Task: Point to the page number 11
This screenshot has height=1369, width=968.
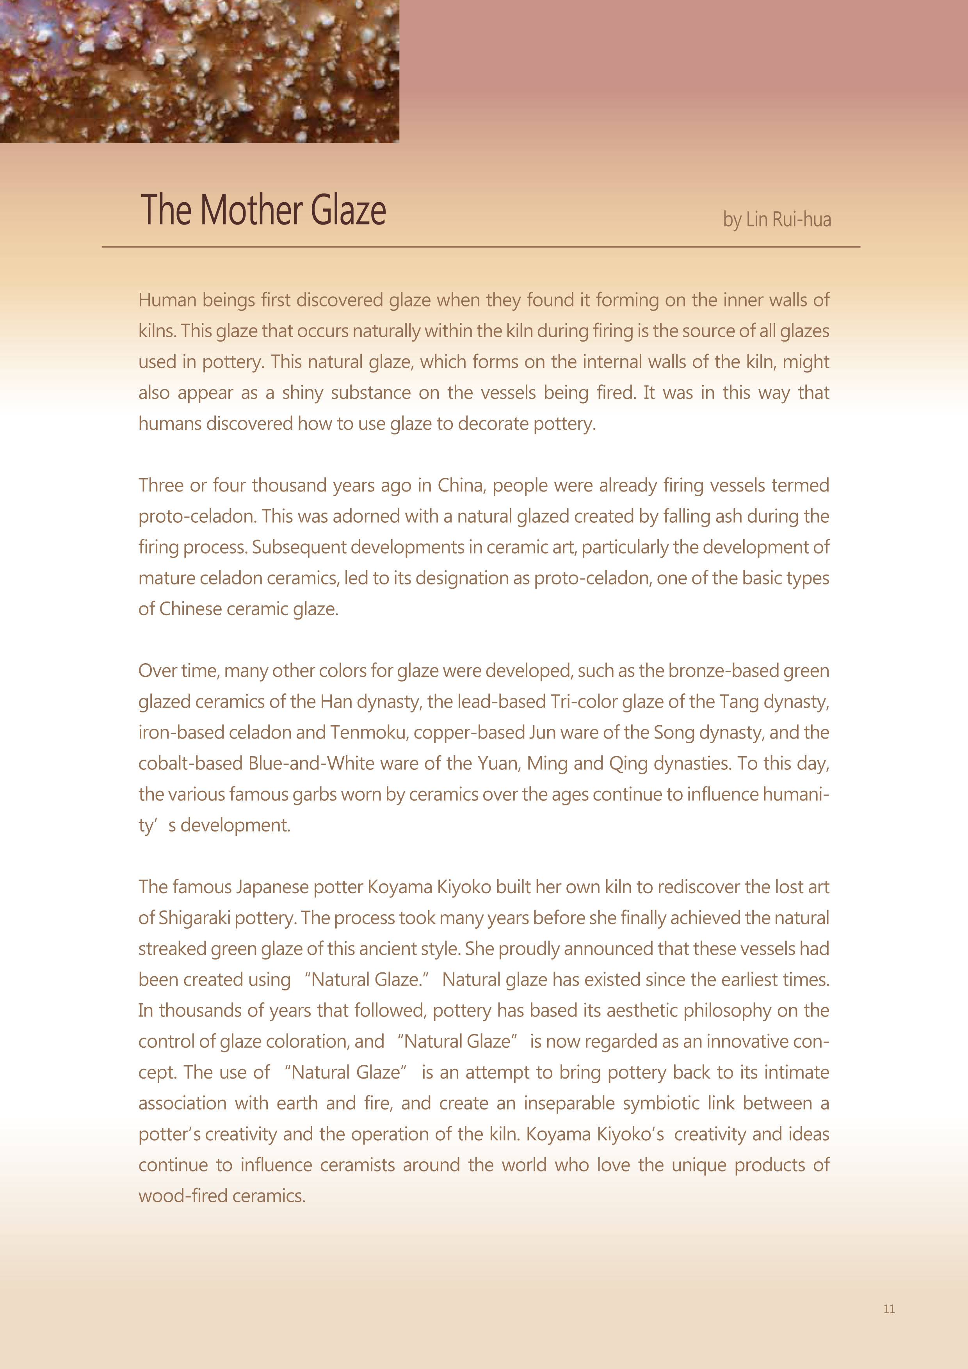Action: point(889,1309)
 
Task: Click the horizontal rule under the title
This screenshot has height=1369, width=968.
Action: point(480,246)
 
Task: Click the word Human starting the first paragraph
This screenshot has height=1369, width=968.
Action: point(167,300)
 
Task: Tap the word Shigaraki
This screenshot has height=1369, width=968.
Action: point(194,918)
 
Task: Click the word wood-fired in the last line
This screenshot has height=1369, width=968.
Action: point(182,1196)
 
